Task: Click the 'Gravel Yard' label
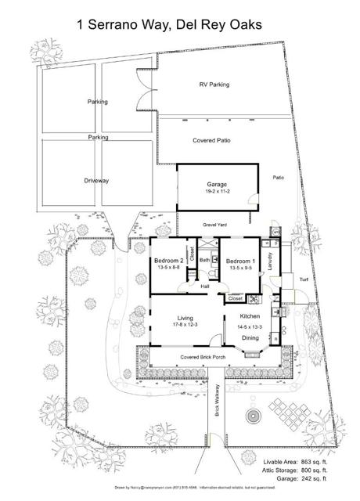[215, 225]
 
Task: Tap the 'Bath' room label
[203, 259]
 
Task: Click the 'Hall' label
[204, 287]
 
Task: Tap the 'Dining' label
[250, 337]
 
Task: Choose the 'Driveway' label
[96, 181]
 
